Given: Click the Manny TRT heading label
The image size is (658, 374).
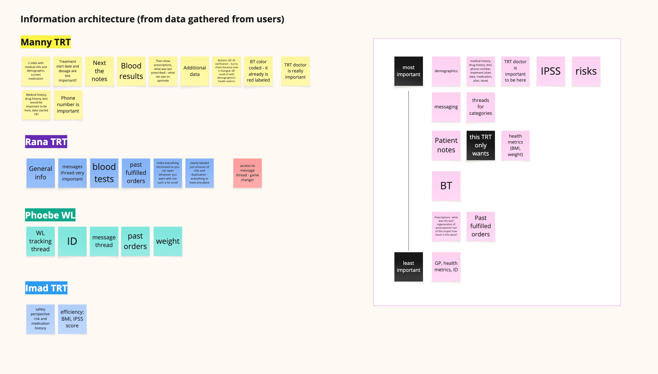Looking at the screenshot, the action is tap(45, 42).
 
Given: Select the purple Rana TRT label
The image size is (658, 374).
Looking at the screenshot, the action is tap(46, 142).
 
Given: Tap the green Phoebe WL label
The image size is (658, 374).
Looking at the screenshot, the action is tap(50, 215).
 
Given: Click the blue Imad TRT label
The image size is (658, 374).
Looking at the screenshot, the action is tap(46, 288).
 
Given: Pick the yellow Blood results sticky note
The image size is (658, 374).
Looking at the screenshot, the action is tap(131, 71).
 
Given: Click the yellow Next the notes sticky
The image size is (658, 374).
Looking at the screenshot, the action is tap(100, 71).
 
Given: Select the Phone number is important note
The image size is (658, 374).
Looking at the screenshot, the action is tap(68, 105).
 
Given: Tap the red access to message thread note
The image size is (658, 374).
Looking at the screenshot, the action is tap(247, 173).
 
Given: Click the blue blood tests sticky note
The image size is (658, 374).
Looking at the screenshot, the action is tap(104, 173).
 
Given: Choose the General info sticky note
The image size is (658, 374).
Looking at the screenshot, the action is tap(41, 173).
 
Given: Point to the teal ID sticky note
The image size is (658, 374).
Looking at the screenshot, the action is tap(72, 241).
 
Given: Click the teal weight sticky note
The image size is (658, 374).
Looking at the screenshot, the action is tap(168, 241).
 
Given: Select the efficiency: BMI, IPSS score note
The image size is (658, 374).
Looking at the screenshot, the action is tap(72, 319).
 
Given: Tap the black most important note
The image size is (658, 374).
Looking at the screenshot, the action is tap(408, 71).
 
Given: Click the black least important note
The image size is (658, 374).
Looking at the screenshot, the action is tap(408, 267).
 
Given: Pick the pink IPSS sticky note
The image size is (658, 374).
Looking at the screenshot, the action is tap(551, 71).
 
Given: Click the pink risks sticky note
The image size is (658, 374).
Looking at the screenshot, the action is tap(586, 71).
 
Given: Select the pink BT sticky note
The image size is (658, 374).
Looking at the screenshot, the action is tap(446, 186).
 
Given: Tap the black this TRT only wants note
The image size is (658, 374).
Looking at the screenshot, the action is tap(481, 145).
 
